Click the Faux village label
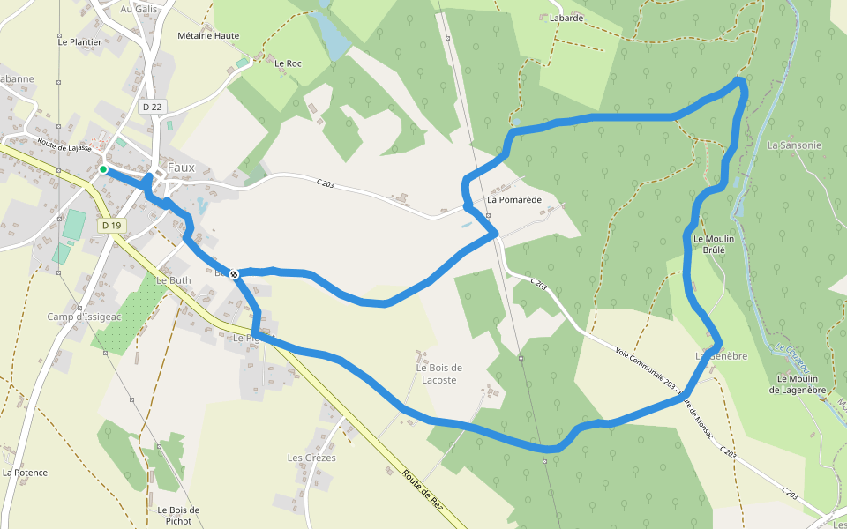coord(180,168)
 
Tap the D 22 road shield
coord(153,107)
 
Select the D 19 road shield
coord(111,226)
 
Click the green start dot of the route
coord(103,169)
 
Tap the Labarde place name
coord(566,18)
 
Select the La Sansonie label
coord(794,145)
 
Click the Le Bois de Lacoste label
coord(439,374)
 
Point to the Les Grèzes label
coord(311,458)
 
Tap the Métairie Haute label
coord(208,36)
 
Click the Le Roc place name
coord(289,63)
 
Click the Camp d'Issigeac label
coord(85,316)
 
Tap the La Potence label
coord(25,473)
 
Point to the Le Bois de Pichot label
coord(178,515)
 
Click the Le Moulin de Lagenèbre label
coord(802,384)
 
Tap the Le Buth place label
coord(173,279)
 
